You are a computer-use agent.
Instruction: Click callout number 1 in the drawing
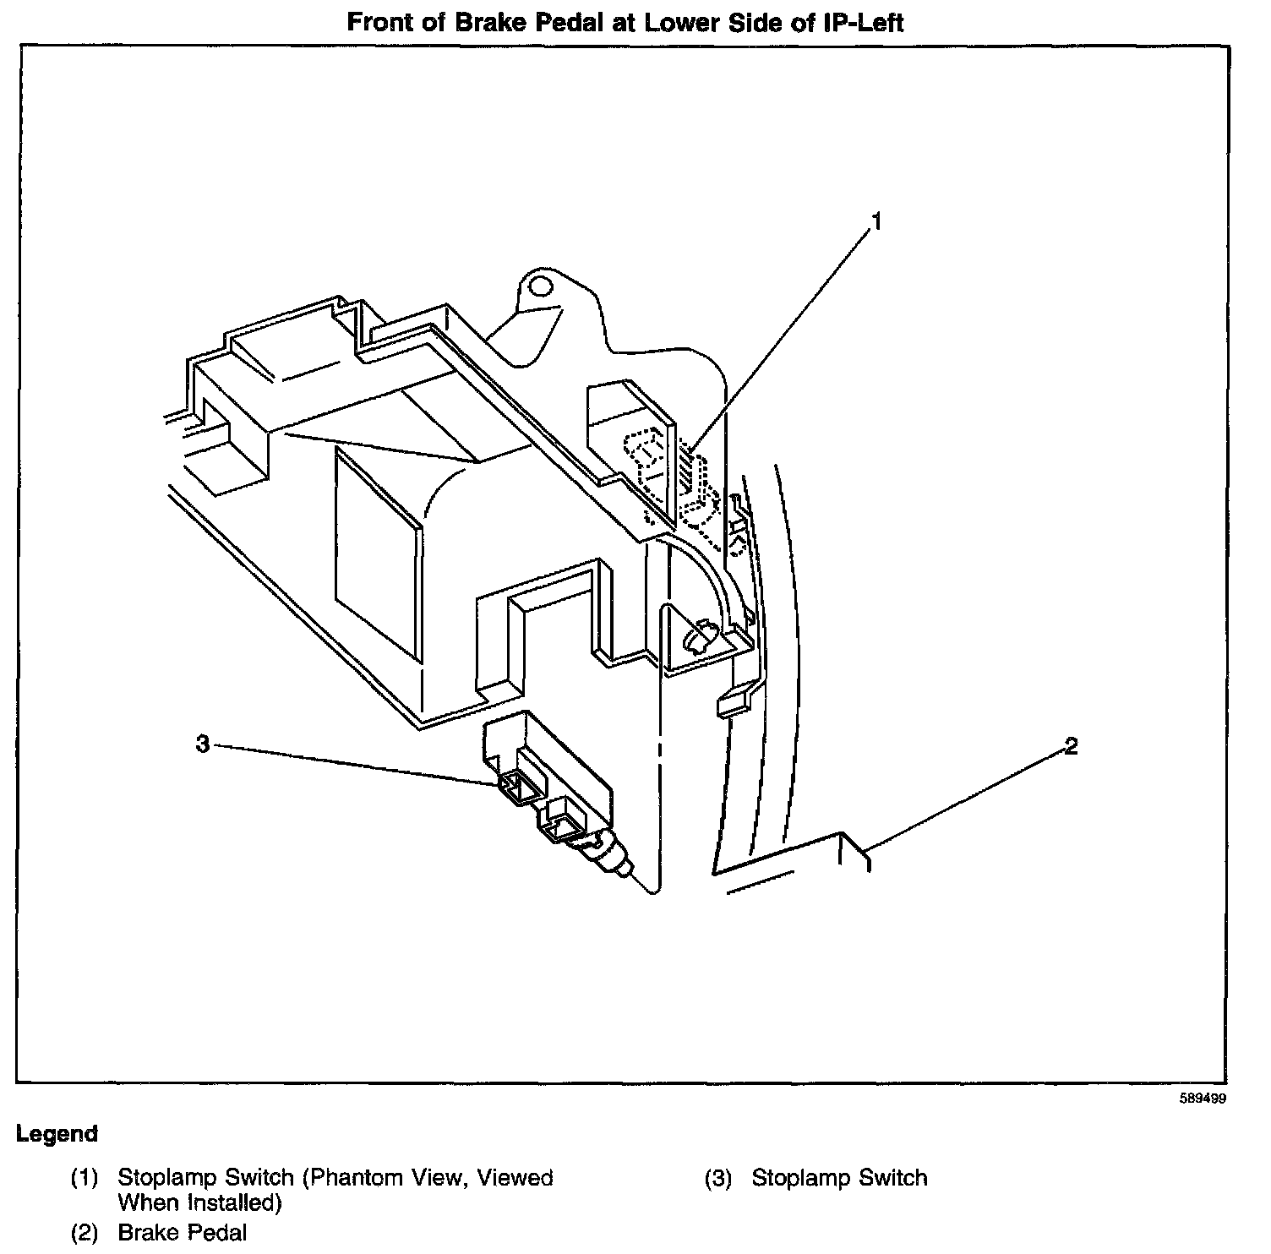pyautogui.click(x=876, y=221)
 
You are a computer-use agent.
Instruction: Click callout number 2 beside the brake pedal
pyautogui.click(x=1071, y=746)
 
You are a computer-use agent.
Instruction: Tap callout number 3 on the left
pyautogui.click(x=203, y=744)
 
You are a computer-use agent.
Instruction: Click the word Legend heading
pyautogui.click(x=57, y=1134)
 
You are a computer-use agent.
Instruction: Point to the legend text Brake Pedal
pyautogui.click(x=182, y=1232)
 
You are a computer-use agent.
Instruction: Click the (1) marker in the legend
pyautogui.click(x=85, y=1178)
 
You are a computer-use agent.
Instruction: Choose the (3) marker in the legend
pyautogui.click(x=718, y=1178)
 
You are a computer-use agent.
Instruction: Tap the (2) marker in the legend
pyautogui.click(x=85, y=1232)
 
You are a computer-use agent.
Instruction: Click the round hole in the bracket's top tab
pyautogui.click(x=536, y=287)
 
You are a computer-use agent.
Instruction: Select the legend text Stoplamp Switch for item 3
pyautogui.click(x=839, y=1178)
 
